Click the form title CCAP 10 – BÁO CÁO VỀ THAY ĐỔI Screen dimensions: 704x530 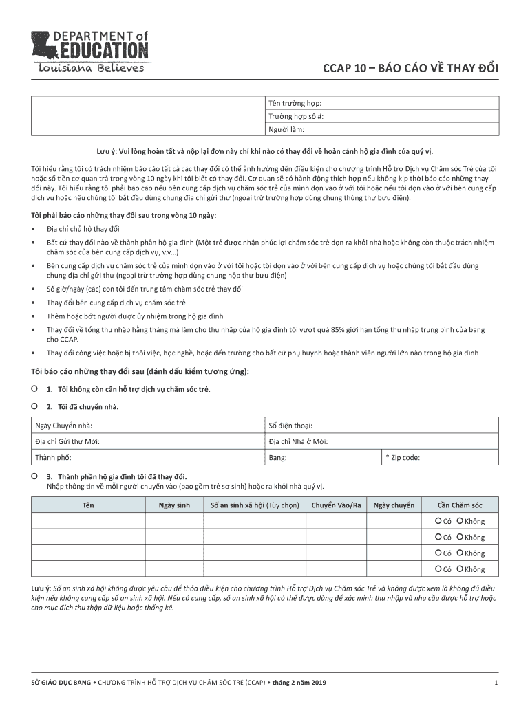pyautogui.click(x=412, y=69)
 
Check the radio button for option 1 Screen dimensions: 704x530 pyautogui.click(x=34, y=388)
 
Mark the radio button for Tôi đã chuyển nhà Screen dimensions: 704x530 pyautogui.click(x=34, y=406)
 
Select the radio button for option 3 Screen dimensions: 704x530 pyautogui.click(x=34, y=476)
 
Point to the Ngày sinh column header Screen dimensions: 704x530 pyautogui.click(x=173, y=506)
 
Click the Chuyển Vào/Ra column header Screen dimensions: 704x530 pyautogui.click(x=336, y=506)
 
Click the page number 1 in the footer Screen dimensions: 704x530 pyautogui.click(x=496, y=683)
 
